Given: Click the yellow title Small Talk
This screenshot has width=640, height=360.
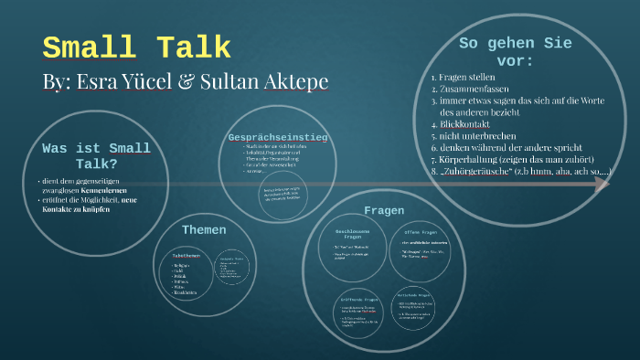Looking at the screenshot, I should coord(136,48).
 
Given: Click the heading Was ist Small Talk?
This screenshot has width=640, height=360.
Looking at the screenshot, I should coord(96,156).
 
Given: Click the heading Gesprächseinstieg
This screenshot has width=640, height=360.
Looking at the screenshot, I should coord(277,137).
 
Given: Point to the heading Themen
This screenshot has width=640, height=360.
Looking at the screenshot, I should coord(203,229).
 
